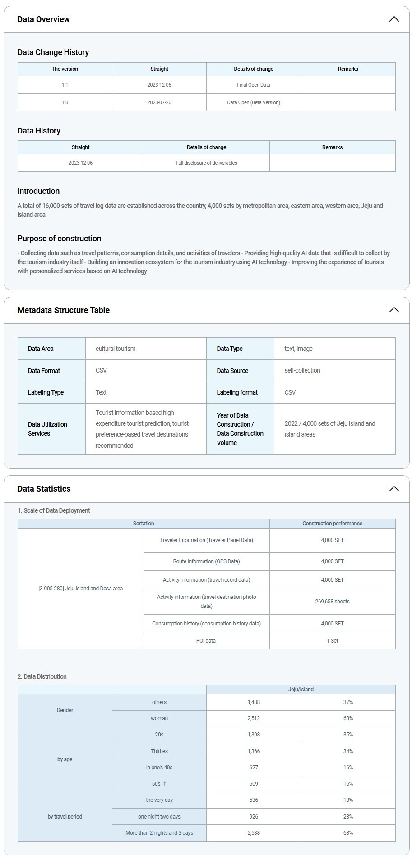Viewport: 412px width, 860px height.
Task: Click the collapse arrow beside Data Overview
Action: (x=393, y=19)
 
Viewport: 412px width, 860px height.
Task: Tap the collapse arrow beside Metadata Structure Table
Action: (x=393, y=310)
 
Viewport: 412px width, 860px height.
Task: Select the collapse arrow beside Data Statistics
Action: (x=393, y=489)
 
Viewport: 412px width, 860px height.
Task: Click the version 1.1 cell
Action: (x=65, y=85)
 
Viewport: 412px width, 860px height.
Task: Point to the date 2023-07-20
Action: (x=159, y=102)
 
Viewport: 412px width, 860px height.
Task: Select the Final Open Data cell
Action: (x=254, y=85)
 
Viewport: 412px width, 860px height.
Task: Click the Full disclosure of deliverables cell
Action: (x=206, y=163)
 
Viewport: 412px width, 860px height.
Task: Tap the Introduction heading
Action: (x=38, y=191)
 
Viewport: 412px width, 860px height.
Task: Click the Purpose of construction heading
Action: (x=59, y=239)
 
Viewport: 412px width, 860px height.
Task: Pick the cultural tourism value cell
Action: (x=116, y=349)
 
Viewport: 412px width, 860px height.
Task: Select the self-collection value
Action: (x=302, y=370)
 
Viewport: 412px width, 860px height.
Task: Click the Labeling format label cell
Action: (x=237, y=392)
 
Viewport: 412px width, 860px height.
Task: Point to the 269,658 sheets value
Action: (x=332, y=602)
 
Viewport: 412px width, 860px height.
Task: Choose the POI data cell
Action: (x=206, y=641)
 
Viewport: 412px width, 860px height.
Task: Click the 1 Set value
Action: (x=332, y=641)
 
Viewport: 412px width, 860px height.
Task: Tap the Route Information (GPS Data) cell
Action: (x=206, y=561)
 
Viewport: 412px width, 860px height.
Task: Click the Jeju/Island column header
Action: (x=301, y=690)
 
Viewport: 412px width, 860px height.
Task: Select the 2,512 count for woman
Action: (x=254, y=718)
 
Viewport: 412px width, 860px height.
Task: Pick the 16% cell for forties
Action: (x=348, y=768)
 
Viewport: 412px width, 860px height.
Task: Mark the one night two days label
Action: (x=159, y=817)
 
